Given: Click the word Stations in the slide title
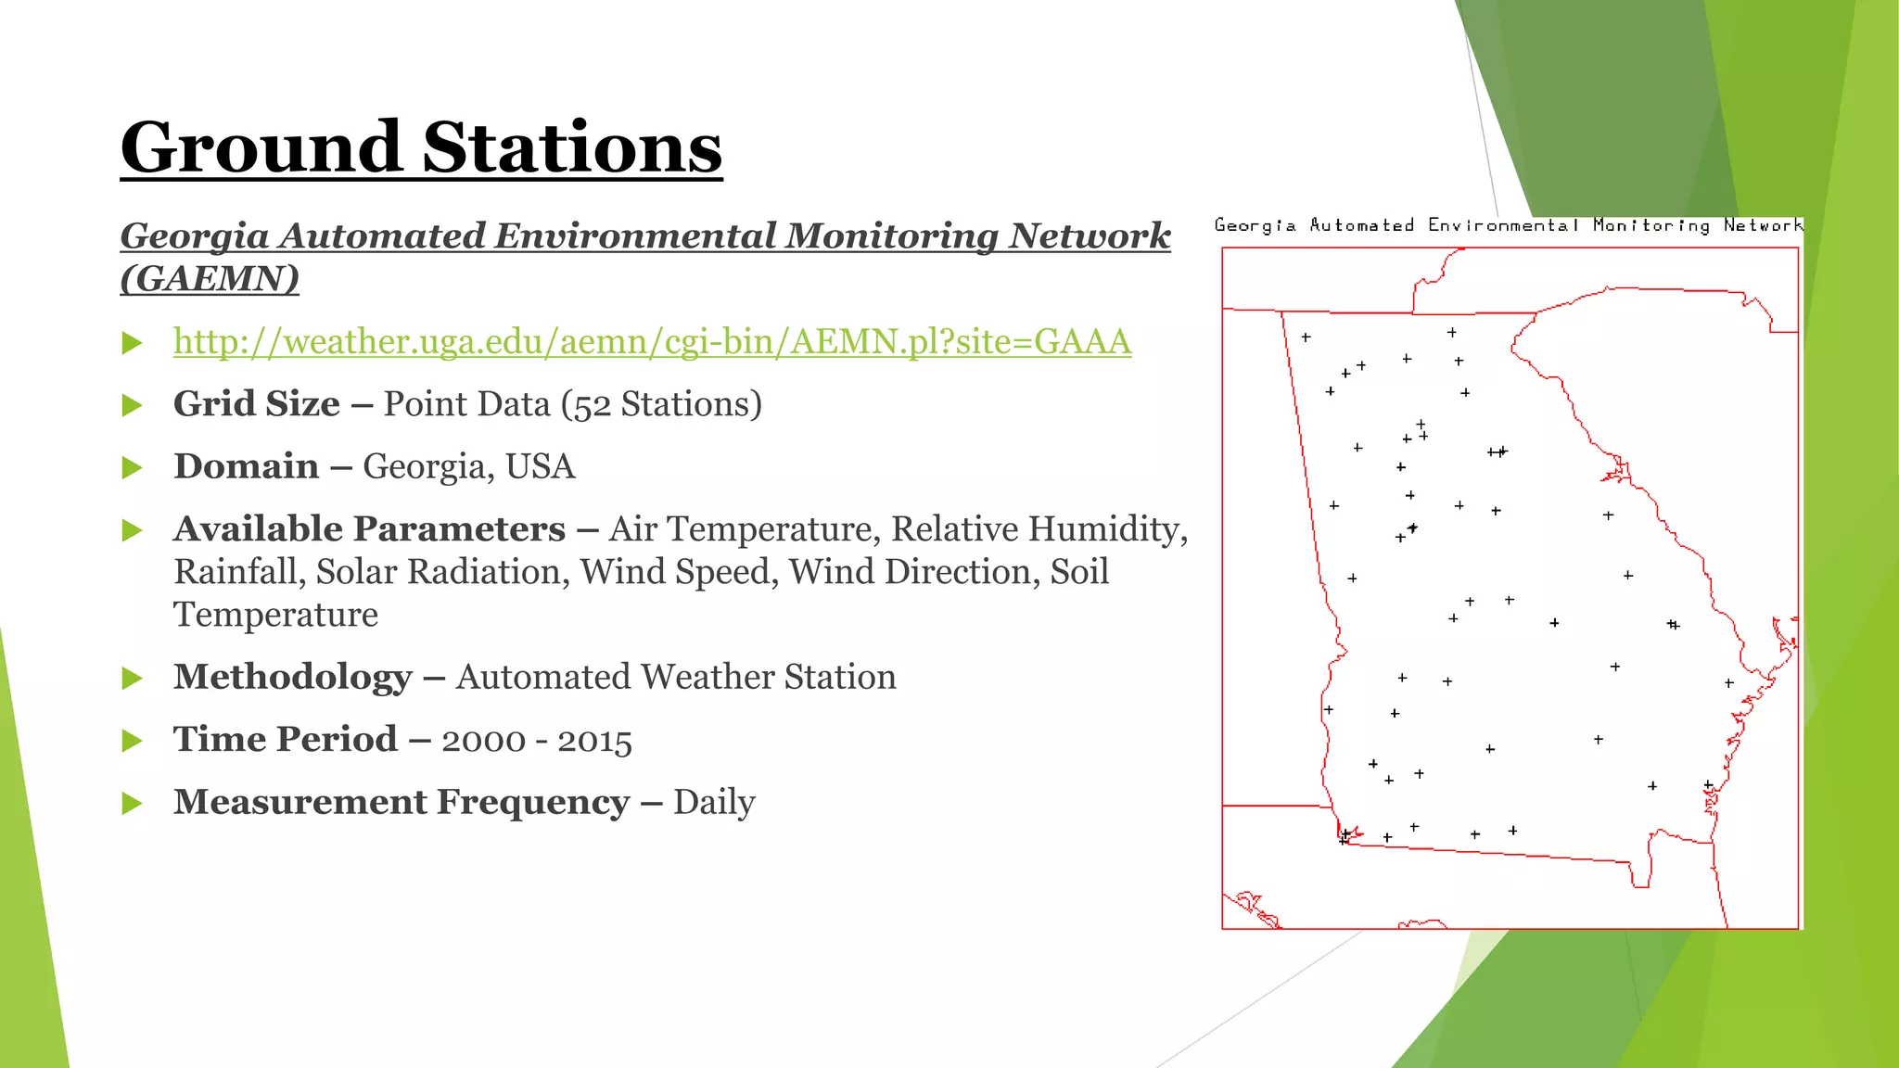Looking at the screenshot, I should click(572, 148).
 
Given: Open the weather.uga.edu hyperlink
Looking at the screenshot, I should click(652, 342).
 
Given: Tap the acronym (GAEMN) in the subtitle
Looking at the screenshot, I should click(210, 278).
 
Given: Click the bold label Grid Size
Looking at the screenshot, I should click(257, 404).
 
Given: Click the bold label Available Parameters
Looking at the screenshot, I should click(369, 529).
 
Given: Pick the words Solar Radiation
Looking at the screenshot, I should click(441, 572).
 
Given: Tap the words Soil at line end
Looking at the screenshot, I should click(1079, 572).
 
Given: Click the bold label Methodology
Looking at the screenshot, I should click(293, 677).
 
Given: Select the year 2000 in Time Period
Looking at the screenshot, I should click(483, 741).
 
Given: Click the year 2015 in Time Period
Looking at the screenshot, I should click(594, 741).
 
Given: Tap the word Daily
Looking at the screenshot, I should click(714, 802).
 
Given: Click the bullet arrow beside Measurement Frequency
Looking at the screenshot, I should click(133, 803).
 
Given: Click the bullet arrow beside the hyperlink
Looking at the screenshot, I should click(133, 344).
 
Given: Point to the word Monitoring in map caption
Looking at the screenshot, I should click(1651, 225).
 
